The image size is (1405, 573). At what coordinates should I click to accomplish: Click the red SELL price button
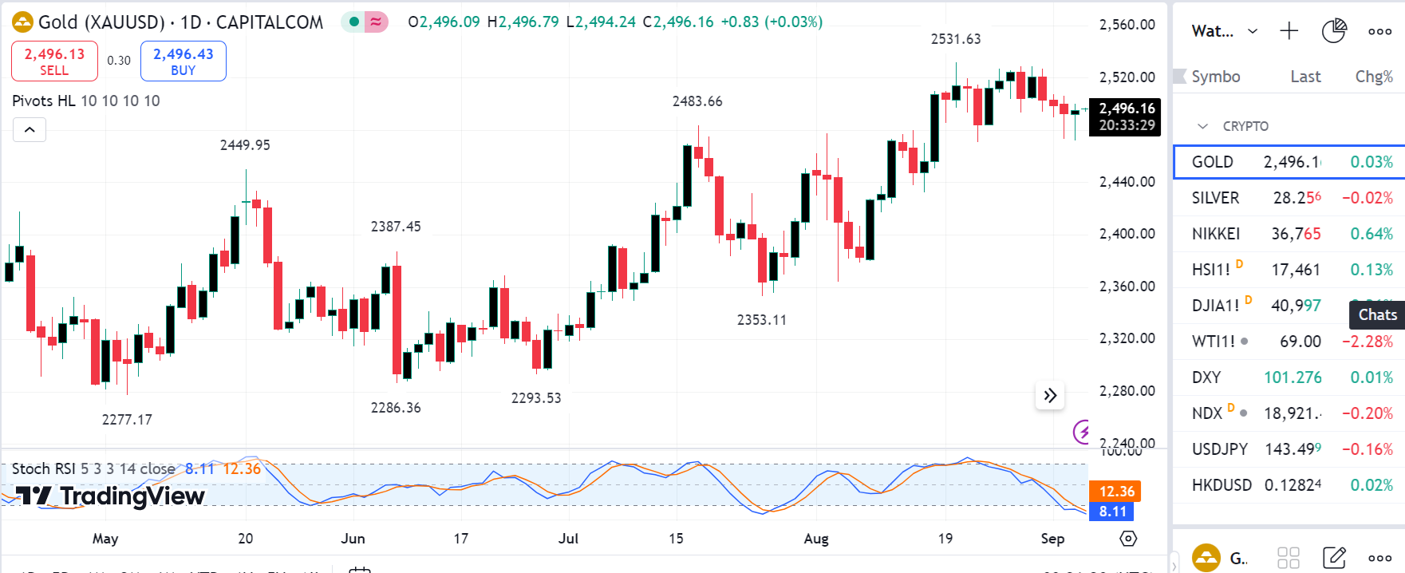click(x=54, y=61)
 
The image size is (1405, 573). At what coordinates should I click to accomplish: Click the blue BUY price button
click(x=183, y=61)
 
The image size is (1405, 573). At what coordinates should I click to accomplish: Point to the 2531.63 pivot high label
click(x=956, y=39)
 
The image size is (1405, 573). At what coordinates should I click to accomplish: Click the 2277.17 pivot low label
click(x=127, y=420)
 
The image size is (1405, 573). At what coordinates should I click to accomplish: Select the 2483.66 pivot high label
click(x=697, y=101)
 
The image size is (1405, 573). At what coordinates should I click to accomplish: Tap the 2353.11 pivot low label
click(x=761, y=320)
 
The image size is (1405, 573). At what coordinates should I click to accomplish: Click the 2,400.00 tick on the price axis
click(x=1127, y=234)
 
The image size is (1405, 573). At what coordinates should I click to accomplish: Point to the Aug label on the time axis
click(x=816, y=539)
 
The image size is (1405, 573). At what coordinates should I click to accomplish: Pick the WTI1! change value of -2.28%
click(x=1368, y=342)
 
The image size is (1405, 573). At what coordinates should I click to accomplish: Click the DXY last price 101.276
click(x=1293, y=377)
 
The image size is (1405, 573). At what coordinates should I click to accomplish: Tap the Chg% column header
click(x=1374, y=77)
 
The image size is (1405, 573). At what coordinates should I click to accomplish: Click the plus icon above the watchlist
click(x=1289, y=31)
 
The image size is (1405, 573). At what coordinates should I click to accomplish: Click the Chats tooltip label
click(x=1378, y=314)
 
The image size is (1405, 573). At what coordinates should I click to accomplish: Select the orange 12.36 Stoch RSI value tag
click(x=1115, y=492)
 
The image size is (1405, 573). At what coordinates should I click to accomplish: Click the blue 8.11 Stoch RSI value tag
click(x=1112, y=512)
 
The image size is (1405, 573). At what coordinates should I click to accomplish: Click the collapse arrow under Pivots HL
click(x=30, y=129)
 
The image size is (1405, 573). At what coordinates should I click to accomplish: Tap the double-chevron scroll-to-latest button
click(x=1050, y=395)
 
